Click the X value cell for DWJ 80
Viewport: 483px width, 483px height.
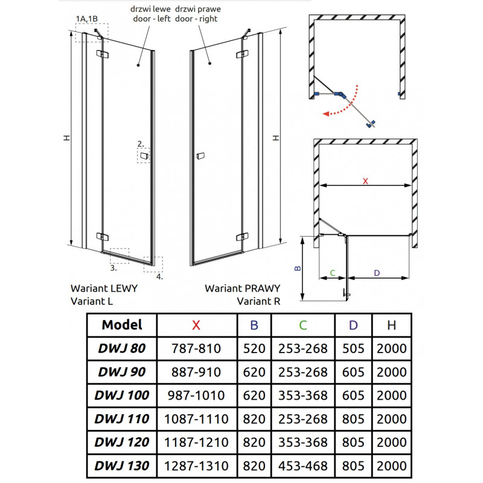(x=197, y=348)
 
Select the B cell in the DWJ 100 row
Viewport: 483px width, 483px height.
(x=254, y=395)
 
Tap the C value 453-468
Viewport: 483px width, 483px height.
(x=303, y=465)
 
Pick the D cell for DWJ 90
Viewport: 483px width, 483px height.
(x=353, y=372)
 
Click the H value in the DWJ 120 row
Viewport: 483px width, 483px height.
(x=391, y=443)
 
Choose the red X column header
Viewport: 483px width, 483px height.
(x=196, y=325)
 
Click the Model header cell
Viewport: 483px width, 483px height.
(x=122, y=325)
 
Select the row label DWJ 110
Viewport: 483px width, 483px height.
(x=122, y=418)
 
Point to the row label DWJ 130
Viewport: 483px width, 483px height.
(x=122, y=465)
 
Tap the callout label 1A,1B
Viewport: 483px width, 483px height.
(x=87, y=19)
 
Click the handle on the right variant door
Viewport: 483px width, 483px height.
(x=200, y=156)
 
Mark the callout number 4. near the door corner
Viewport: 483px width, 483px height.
(x=159, y=277)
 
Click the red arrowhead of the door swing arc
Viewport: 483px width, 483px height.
(x=326, y=114)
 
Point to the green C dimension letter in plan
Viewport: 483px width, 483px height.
(x=333, y=273)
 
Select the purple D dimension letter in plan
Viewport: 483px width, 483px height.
(x=377, y=273)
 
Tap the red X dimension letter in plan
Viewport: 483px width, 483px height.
(x=365, y=181)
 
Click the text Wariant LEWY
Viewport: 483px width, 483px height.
(x=104, y=289)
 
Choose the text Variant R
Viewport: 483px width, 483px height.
(x=258, y=301)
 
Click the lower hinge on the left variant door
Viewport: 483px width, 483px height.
(x=102, y=237)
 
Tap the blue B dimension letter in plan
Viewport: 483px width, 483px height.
(x=298, y=268)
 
